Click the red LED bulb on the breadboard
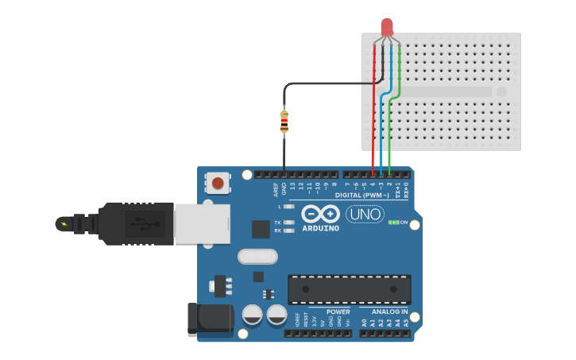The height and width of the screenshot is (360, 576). coord(387,27)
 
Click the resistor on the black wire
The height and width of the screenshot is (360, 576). coord(284,122)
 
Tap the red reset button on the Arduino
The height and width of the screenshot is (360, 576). coord(218,184)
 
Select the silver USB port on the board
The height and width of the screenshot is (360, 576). coord(202,223)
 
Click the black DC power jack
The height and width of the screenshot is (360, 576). coord(209,319)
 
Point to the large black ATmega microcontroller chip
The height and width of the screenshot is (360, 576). coord(349,289)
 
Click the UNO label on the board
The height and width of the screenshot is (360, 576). coord(365,214)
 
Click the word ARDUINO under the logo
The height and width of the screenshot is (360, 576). coord(320,228)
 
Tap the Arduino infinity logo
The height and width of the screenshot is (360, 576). coord(320,214)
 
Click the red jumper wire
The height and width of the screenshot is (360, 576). coord(373,111)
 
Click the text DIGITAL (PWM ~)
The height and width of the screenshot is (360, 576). coord(362,195)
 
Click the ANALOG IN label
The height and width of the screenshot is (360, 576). coord(385,312)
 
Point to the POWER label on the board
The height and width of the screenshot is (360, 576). coord(338,312)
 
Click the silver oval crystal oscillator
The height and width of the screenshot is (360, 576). coord(257,256)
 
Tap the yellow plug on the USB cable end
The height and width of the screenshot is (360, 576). coord(63,224)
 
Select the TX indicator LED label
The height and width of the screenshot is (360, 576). coord(277,222)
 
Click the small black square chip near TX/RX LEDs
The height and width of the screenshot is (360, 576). coord(261,229)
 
